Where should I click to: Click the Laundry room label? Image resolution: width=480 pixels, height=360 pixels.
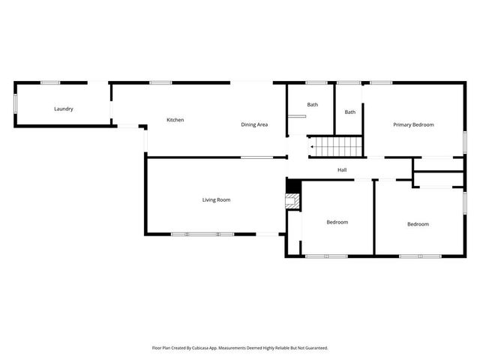point(64,109)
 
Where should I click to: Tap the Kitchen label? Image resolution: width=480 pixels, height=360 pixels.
point(175,120)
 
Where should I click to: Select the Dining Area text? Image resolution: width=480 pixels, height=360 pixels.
point(254,124)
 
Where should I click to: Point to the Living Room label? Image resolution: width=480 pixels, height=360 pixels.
point(216,200)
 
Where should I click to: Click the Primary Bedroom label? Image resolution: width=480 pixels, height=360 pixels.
point(413,124)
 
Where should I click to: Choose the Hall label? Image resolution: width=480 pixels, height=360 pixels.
point(342,170)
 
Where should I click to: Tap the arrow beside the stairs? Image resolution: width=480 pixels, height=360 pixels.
point(313,148)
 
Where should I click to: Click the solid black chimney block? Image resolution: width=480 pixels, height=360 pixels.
point(292,186)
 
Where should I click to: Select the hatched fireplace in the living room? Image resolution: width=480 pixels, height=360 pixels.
point(292,201)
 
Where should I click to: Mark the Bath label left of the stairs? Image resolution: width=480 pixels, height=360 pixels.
point(313,105)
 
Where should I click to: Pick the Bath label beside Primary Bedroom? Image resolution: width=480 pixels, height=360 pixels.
point(350,112)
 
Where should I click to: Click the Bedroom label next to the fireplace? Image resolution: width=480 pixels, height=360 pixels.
point(337,222)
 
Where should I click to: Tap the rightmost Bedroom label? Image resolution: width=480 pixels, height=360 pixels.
point(418,224)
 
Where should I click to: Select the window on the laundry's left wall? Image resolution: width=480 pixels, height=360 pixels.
point(15,103)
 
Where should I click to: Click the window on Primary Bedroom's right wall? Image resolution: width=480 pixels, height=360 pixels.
point(464,142)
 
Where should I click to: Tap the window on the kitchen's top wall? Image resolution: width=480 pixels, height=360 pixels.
point(160,82)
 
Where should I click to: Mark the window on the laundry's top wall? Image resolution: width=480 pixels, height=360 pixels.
point(50,82)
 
